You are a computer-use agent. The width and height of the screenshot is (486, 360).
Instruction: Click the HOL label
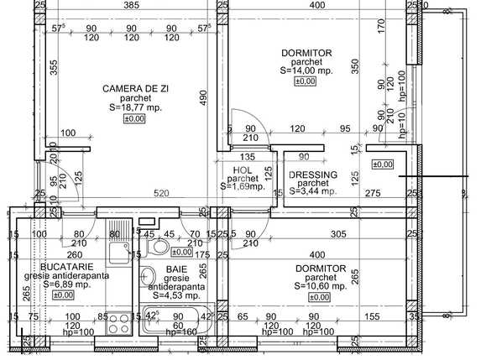243,170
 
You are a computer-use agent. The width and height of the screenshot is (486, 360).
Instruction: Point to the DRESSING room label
313,175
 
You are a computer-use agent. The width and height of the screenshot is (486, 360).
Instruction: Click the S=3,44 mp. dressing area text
313,191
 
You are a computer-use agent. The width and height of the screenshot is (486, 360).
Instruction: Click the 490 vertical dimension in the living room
201,97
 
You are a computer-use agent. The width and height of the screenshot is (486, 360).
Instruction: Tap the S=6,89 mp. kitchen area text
63,284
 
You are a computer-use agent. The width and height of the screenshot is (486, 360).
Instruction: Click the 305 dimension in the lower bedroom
337,234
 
